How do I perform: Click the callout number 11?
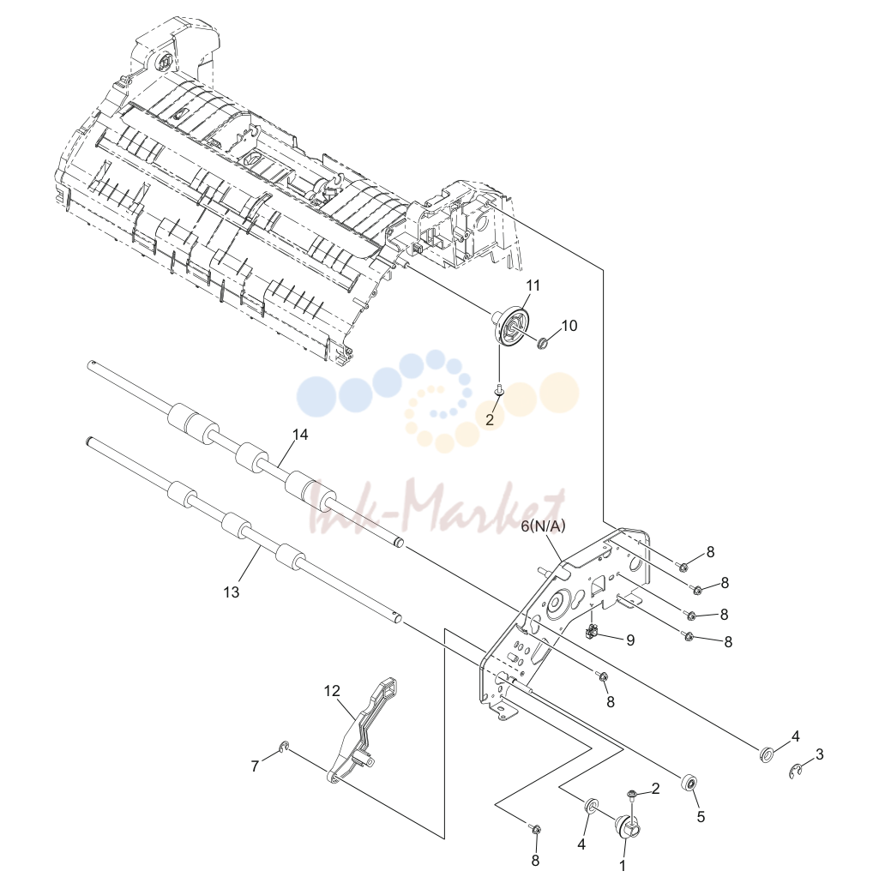(x=533, y=285)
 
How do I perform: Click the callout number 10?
(x=569, y=326)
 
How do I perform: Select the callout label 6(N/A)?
(x=543, y=526)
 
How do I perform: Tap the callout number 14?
(x=300, y=435)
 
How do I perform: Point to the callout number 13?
(x=231, y=592)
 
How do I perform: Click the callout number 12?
(x=333, y=690)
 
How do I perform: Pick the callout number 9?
(x=630, y=640)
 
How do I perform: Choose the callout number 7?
(x=255, y=766)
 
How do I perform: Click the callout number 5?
(x=701, y=816)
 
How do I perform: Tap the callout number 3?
(x=820, y=754)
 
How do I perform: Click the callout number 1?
(x=623, y=866)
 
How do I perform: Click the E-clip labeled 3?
(x=795, y=772)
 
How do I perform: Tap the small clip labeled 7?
(x=285, y=748)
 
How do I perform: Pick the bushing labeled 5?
(x=689, y=784)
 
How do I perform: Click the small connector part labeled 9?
(x=591, y=633)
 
